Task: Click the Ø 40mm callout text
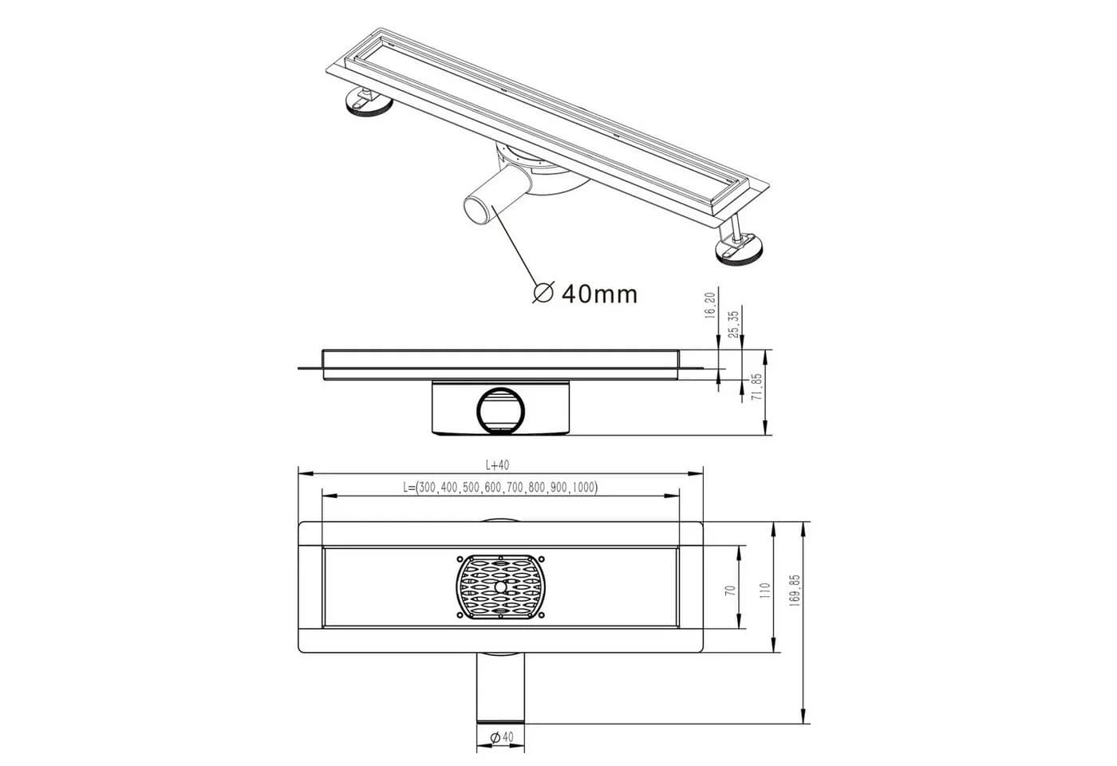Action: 585,294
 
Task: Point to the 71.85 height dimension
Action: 757,388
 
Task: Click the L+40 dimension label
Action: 498,464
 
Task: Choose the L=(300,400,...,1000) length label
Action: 501,487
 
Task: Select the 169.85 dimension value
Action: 795,590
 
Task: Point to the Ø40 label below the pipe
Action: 502,737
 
